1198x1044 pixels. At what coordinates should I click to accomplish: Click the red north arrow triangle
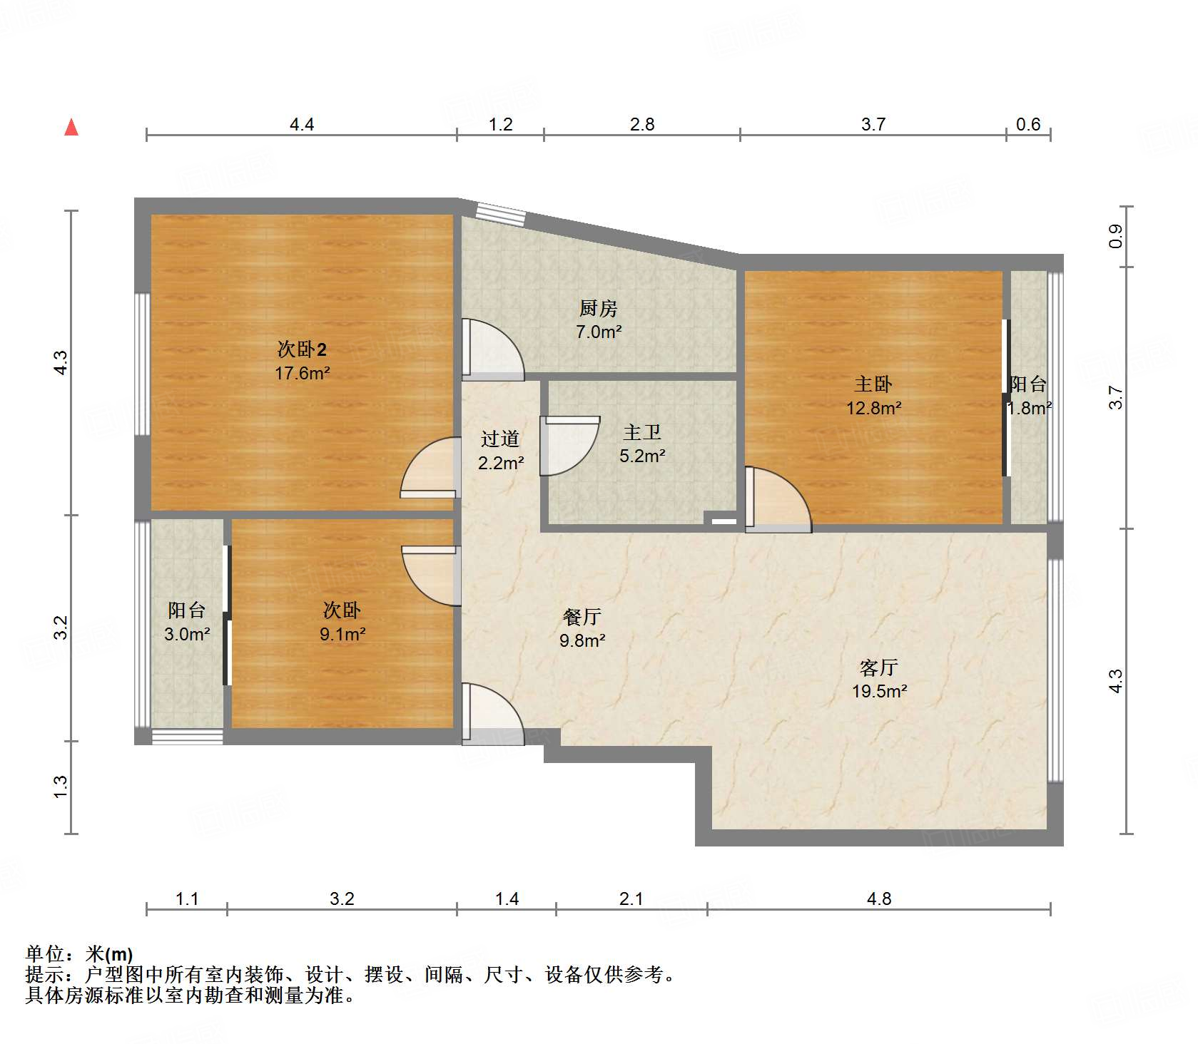click(71, 128)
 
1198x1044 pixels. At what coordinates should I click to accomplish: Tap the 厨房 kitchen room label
click(598, 308)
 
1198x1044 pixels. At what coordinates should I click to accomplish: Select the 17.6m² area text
click(302, 373)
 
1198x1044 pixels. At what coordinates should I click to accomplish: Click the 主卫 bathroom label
click(642, 432)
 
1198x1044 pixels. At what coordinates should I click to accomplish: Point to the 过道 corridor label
click(499, 439)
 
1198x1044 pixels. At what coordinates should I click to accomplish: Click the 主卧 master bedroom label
click(873, 384)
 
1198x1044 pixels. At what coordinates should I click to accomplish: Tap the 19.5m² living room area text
click(879, 691)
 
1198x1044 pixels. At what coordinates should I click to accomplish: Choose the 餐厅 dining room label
click(582, 617)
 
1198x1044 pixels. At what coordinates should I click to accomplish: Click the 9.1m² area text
click(342, 634)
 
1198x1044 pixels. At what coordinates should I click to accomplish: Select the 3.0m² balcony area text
click(187, 634)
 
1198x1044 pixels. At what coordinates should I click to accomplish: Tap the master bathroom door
click(569, 446)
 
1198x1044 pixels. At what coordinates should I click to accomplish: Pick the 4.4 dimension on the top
click(301, 125)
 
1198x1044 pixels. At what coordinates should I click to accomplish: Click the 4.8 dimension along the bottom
click(878, 899)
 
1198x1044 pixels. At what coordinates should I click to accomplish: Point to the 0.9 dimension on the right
click(1115, 236)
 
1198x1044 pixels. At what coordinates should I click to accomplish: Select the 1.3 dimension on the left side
click(61, 787)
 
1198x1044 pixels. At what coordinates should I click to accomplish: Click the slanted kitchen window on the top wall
click(500, 213)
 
